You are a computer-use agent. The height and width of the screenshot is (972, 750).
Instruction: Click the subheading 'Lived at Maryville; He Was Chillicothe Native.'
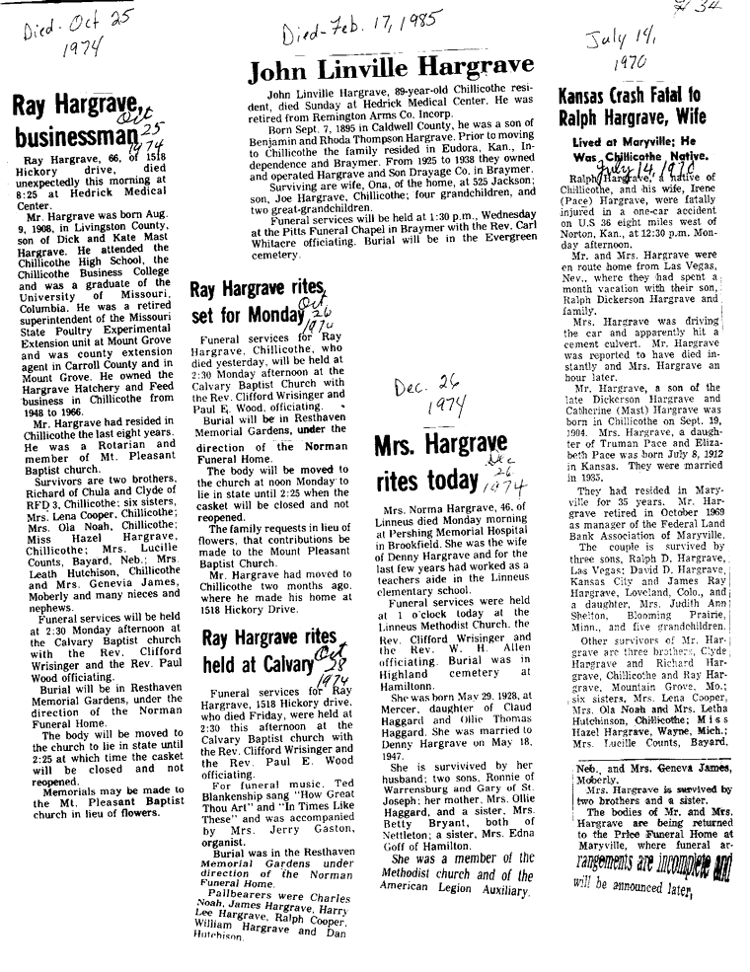click(639, 149)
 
